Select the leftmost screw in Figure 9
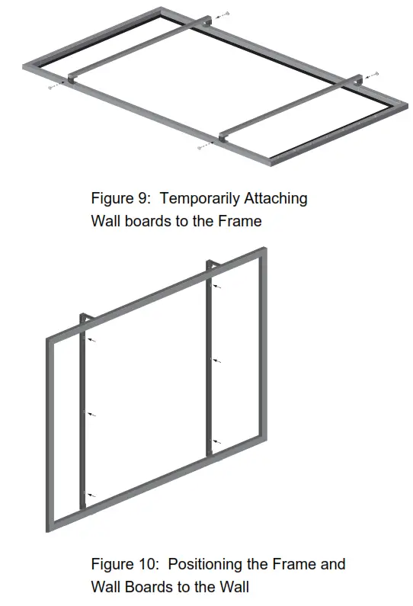coord(52,88)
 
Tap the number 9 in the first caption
coord(142,199)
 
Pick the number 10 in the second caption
coord(146,565)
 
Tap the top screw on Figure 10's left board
coord(91,340)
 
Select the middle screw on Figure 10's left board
coord(91,415)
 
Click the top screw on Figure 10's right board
coord(219,287)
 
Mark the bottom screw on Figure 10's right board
coord(218,441)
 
